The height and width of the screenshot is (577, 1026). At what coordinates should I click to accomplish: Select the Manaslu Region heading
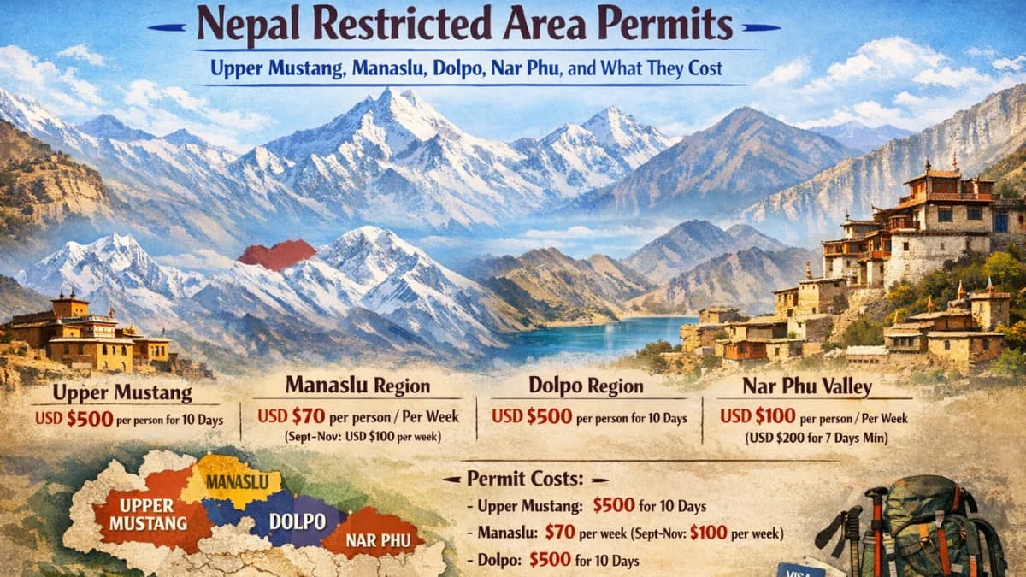(357, 385)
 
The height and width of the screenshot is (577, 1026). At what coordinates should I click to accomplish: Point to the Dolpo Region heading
(586, 386)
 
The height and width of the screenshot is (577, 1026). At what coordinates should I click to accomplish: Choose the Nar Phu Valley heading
(806, 386)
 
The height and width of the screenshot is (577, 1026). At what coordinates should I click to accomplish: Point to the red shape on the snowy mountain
(276, 254)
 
